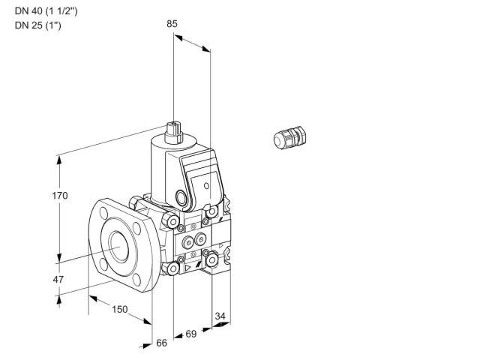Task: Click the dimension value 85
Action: (172, 23)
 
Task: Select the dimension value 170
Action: (60, 195)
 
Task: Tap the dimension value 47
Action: (58, 279)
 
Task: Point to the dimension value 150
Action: (120, 309)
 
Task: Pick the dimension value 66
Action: (162, 343)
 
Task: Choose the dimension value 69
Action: (191, 334)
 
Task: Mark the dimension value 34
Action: (220, 316)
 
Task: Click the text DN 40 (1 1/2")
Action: (46, 11)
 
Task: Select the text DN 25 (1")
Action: (38, 25)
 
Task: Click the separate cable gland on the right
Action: (289, 137)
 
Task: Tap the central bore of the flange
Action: (119, 247)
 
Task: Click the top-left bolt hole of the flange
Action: (103, 213)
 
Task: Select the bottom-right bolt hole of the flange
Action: (136, 280)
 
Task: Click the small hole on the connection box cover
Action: (207, 186)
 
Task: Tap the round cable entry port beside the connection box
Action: (181, 197)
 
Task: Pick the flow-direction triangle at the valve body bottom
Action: (187, 268)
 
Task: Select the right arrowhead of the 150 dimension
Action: (147, 321)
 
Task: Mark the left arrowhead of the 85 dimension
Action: (178, 37)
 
